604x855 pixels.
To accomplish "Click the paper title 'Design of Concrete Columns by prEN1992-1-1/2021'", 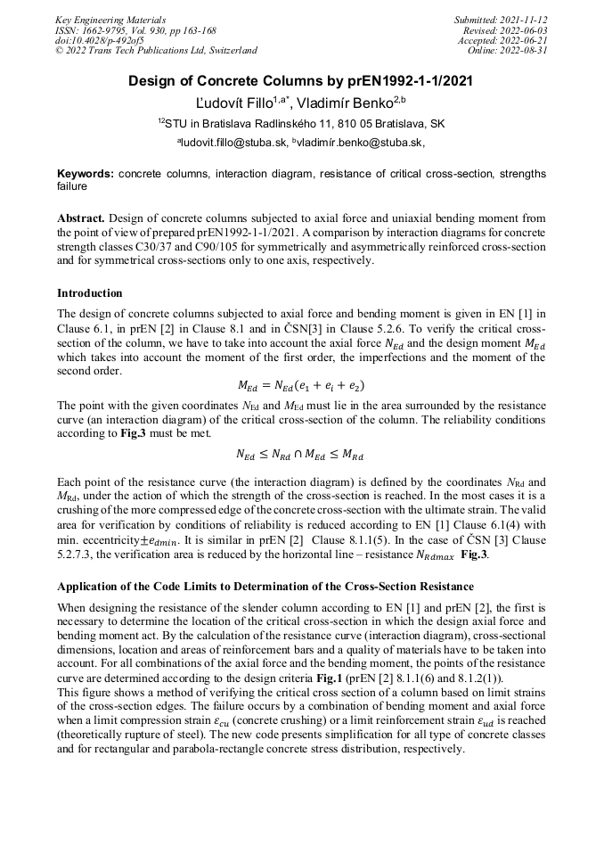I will click(x=301, y=81).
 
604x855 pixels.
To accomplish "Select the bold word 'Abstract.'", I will click(x=82, y=218).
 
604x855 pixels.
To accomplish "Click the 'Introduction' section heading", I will click(x=90, y=293).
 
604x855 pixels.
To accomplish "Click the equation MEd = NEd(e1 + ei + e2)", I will click(x=301, y=385).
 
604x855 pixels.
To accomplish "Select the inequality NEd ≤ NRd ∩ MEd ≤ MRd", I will click(x=301, y=453).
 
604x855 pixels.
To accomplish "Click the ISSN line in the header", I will click(x=135, y=29).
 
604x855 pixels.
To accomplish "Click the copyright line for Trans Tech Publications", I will click(x=156, y=51).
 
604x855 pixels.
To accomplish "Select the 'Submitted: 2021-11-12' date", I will click(x=501, y=19).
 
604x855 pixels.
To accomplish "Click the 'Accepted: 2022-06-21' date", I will click(x=502, y=40).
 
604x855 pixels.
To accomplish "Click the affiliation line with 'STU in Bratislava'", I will click(x=301, y=123).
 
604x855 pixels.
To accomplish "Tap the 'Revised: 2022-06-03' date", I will click(x=504, y=29).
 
